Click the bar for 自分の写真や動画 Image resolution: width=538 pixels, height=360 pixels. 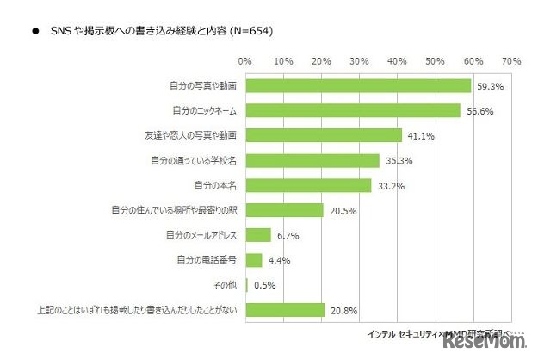point(358,86)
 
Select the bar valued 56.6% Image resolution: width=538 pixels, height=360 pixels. point(353,111)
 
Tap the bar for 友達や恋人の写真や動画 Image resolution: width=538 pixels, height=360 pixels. point(324,135)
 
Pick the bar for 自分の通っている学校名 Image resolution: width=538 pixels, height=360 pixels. point(312,160)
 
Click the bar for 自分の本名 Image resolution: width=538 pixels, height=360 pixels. point(308,185)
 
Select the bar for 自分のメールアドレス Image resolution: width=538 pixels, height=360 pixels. point(258,234)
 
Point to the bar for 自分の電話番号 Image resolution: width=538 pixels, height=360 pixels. point(254,259)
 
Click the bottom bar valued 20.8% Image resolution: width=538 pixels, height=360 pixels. point(285,309)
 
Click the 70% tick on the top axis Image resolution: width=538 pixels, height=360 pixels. point(511,62)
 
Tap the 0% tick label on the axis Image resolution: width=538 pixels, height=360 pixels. point(245,62)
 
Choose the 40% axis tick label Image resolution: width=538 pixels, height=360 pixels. point(398,62)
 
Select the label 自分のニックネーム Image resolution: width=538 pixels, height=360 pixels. point(206,111)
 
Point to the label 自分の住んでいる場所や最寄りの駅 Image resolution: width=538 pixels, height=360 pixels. point(176,210)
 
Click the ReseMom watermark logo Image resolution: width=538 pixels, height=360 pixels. point(485,344)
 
